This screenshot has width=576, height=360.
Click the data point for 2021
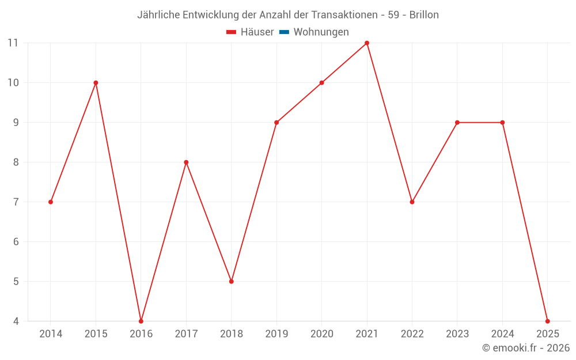click(x=367, y=43)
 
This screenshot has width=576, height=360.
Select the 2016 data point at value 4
click(x=141, y=321)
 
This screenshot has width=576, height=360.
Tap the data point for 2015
click(x=96, y=83)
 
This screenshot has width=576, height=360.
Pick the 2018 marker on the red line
click(x=232, y=281)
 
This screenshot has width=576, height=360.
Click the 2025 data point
click(x=547, y=321)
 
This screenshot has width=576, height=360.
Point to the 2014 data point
click(x=51, y=202)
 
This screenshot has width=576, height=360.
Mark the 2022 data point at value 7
click(x=412, y=202)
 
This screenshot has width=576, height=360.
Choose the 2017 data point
click(x=186, y=162)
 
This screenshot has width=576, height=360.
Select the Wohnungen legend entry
click(x=321, y=32)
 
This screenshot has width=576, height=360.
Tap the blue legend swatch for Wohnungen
click(x=284, y=32)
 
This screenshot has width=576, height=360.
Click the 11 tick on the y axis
click(x=13, y=43)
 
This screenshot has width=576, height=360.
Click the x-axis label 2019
click(x=276, y=334)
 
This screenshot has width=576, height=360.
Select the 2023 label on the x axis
click(x=457, y=334)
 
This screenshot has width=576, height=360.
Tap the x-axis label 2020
click(x=321, y=334)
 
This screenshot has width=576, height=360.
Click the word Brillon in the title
click(x=424, y=15)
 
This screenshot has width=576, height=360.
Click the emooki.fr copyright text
click(x=526, y=348)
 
